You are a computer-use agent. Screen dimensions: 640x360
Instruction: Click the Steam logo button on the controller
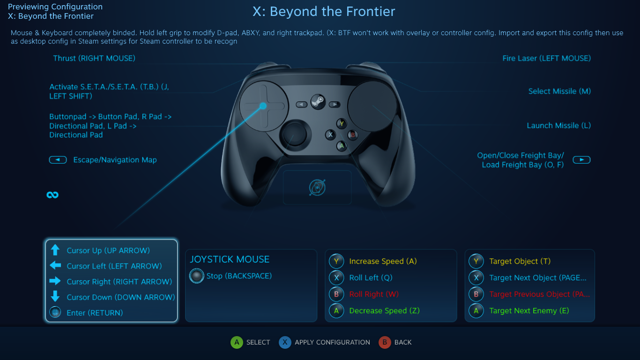[x=318, y=102]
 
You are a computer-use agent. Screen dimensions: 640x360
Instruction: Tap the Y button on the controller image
[x=342, y=124]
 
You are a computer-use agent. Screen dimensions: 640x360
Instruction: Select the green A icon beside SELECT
[x=237, y=342]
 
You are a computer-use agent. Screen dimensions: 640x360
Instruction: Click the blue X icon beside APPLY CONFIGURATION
[x=285, y=342]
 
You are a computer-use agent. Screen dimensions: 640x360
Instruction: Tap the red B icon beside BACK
[x=385, y=342]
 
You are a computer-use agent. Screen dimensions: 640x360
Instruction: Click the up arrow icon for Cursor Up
[x=55, y=250]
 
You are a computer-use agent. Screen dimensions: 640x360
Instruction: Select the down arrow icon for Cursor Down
[x=55, y=297]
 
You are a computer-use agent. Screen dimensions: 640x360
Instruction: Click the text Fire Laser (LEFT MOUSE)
[x=547, y=58]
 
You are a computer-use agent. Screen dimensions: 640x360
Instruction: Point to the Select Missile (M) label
[x=559, y=91]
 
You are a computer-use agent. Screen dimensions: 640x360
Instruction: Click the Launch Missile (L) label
[x=558, y=126]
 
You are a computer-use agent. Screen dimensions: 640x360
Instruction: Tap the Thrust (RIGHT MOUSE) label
[x=94, y=58]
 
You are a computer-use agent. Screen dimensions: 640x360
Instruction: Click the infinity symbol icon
[x=52, y=195]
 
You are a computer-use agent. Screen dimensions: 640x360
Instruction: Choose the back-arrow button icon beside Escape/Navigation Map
[x=58, y=160]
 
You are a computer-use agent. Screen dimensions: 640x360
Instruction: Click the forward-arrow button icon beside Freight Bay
[x=581, y=160]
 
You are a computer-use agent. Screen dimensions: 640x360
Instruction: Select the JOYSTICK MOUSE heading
[x=230, y=259]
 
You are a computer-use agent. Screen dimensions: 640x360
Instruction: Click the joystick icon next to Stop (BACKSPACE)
[x=197, y=276]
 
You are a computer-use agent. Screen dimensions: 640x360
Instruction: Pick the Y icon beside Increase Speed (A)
[x=336, y=261]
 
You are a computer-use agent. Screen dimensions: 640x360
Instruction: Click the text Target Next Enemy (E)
[x=529, y=310]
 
